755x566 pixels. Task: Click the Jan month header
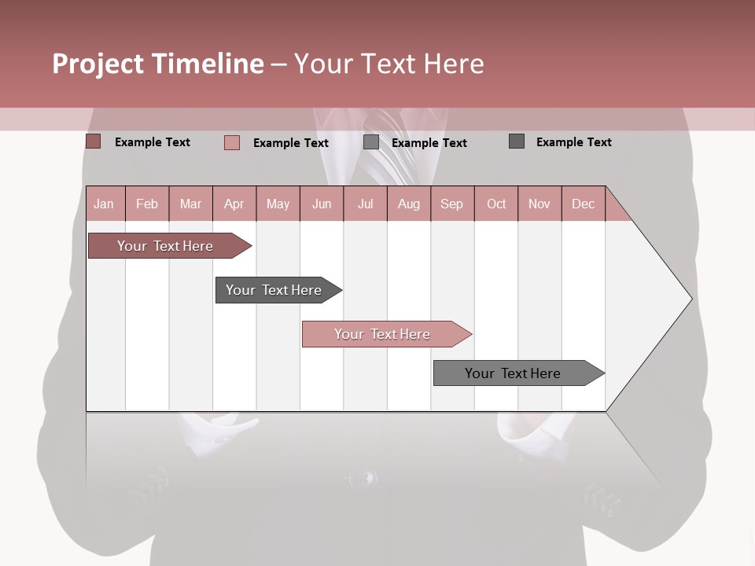pos(104,204)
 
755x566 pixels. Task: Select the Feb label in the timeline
pos(147,204)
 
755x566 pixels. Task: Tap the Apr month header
pos(234,204)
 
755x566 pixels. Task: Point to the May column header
pos(278,204)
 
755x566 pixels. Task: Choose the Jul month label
pos(365,204)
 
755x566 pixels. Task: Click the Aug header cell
pos(408,204)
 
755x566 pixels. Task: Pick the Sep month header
pos(451,204)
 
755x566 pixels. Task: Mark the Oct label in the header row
pos(496,204)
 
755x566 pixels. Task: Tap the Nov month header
pos(540,204)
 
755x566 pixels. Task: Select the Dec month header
pos(583,204)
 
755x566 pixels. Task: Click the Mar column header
pos(190,204)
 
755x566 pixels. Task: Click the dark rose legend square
pos(93,141)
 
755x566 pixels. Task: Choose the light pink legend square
pos(231,142)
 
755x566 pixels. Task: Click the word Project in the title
pos(98,64)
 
